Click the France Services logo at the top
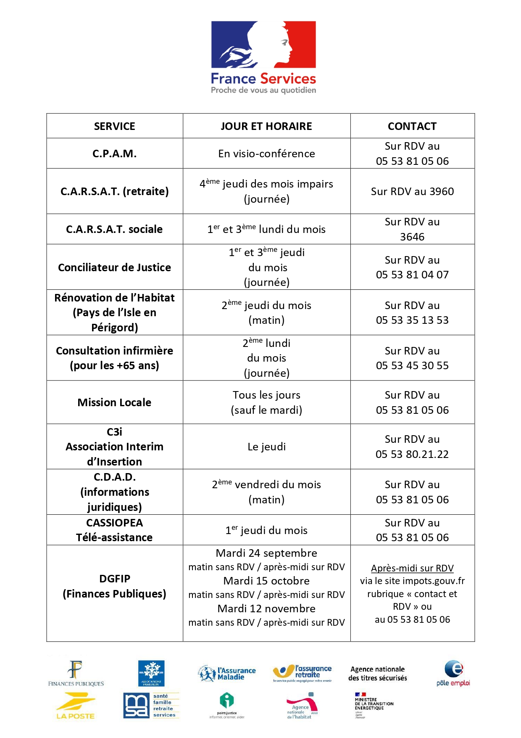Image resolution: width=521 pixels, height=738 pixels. (263, 57)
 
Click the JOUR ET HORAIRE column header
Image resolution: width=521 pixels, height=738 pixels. (266, 126)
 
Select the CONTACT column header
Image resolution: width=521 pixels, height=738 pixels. (412, 126)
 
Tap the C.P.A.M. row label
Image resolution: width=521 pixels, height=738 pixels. (114, 153)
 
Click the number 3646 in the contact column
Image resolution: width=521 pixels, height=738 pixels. (412, 237)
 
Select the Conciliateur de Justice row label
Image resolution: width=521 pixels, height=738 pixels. (114, 267)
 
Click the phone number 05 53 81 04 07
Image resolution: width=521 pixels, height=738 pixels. (412, 275)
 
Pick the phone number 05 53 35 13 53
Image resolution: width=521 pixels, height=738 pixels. (412, 320)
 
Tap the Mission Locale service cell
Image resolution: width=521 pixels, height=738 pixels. (114, 402)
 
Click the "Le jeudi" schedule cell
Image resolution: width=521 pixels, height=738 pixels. (266, 447)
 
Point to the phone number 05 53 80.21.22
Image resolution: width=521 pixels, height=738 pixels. (412, 455)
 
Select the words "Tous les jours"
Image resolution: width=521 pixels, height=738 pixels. (266, 395)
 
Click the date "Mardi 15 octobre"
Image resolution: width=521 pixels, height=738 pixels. (266, 581)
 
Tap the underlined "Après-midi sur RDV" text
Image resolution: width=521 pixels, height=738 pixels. (412, 569)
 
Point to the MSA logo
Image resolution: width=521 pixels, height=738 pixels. (151, 706)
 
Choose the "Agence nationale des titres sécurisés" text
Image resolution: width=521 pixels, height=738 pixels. (377, 674)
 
